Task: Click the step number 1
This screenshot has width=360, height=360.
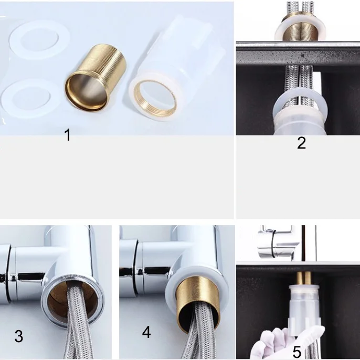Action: coord(68,135)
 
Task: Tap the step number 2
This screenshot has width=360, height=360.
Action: coord(301,143)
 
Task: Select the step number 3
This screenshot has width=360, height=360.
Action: coord(19,336)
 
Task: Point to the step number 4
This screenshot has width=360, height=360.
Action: coord(146,332)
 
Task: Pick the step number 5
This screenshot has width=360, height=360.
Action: coord(297,352)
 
